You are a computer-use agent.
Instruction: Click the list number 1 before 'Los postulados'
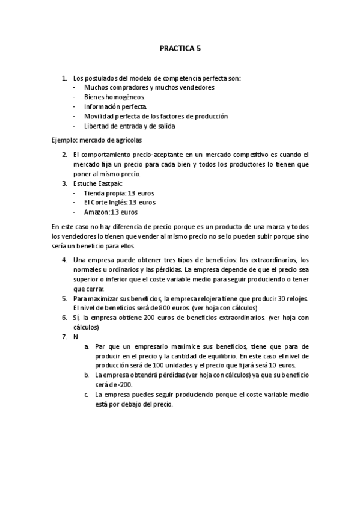(x=64, y=78)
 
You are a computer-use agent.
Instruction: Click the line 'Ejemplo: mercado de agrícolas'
(x=97, y=140)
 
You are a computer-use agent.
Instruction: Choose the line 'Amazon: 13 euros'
(x=111, y=212)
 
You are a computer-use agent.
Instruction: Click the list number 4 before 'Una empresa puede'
(x=64, y=260)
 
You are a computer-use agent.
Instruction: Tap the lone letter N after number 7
(x=76, y=337)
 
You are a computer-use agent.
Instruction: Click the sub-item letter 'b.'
(x=87, y=375)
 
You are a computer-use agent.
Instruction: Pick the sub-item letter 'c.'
(x=87, y=395)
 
